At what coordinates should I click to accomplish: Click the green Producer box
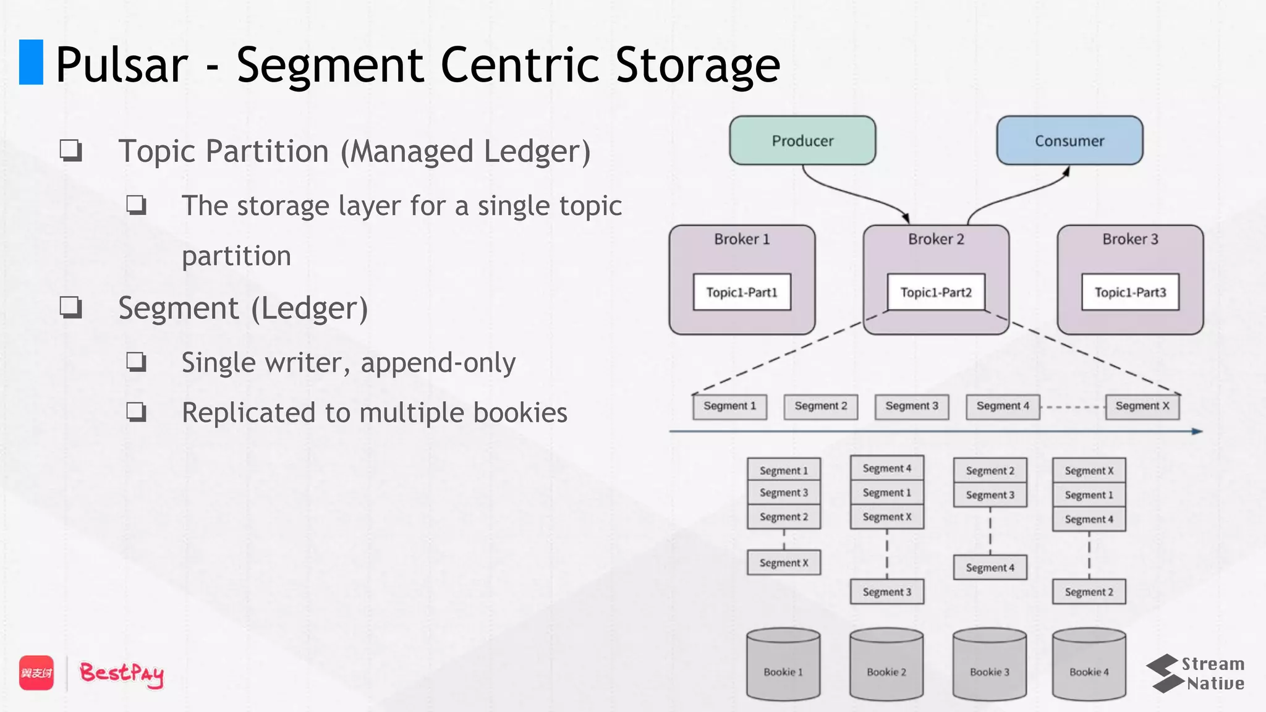coord(802,140)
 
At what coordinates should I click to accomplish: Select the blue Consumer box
coord(1069,140)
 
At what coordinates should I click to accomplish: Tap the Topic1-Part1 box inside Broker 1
coord(742,292)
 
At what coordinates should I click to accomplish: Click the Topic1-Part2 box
coord(936,292)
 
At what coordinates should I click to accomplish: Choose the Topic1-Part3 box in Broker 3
coord(1130,292)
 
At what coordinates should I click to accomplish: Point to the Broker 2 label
coord(936,239)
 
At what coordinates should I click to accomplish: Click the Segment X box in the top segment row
coord(1142,406)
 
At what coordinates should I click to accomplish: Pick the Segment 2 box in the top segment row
coord(821,406)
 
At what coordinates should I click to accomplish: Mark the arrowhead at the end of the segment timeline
coord(1197,431)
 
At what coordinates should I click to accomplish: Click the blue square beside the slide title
coord(31,62)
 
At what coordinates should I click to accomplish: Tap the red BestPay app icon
coord(36,672)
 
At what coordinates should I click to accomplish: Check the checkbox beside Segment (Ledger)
coord(70,307)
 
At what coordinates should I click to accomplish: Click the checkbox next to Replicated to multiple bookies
coord(136,412)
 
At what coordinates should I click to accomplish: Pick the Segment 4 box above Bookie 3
coord(990,567)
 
